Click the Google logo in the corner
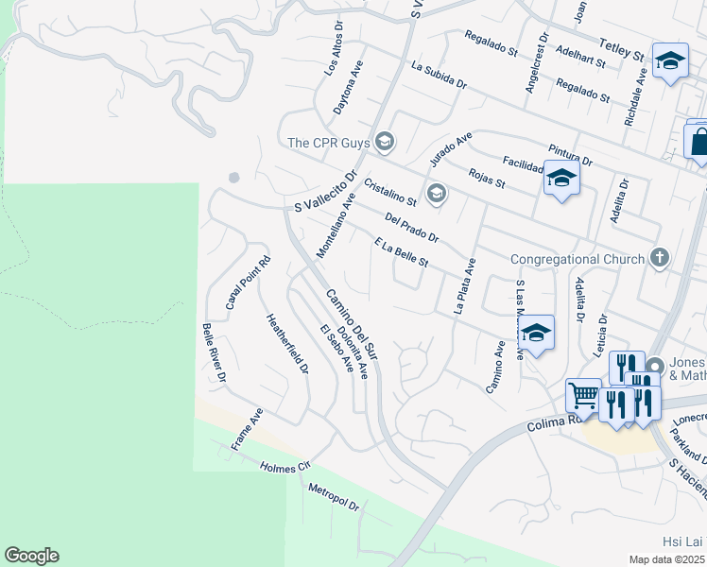(x=31, y=556)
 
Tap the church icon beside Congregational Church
(x=660, y=258)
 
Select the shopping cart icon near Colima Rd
(x=582, y=394)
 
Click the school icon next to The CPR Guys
(x=384, y=143)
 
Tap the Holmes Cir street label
(x=285, y=465)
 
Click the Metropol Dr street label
(x=334, y=498)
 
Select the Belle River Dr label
(x=214, y=352)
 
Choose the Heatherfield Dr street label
(x=287, y=344)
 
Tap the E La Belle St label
(x=402, y=251)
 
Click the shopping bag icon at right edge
(x=698, y=143)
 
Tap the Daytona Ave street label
(x=348, y=88)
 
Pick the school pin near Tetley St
(x=670, y=62)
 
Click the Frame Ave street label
(x=247, y=429)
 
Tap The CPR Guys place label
(x=327, y=143)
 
